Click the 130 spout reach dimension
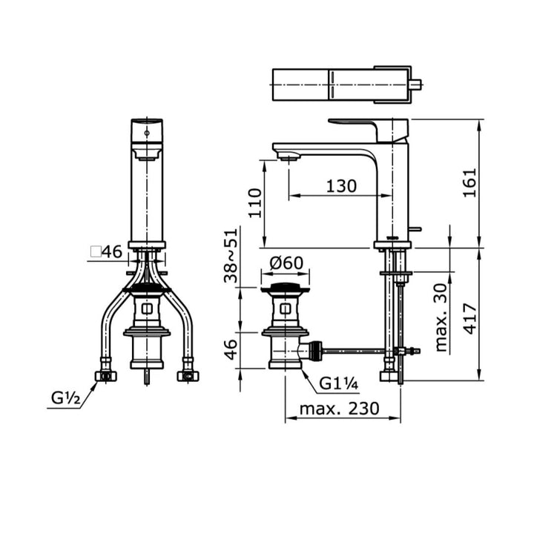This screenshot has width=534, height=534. (341, 186)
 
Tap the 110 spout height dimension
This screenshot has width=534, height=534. (254, 202)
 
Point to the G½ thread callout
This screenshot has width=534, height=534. (65, 398)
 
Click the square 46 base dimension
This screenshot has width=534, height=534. (106, 252)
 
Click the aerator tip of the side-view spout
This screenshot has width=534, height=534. (288, 156)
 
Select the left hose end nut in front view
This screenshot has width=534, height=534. (106, 375)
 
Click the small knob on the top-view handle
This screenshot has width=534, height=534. (417, 85)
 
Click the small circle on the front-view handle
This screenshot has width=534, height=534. (146, 132)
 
